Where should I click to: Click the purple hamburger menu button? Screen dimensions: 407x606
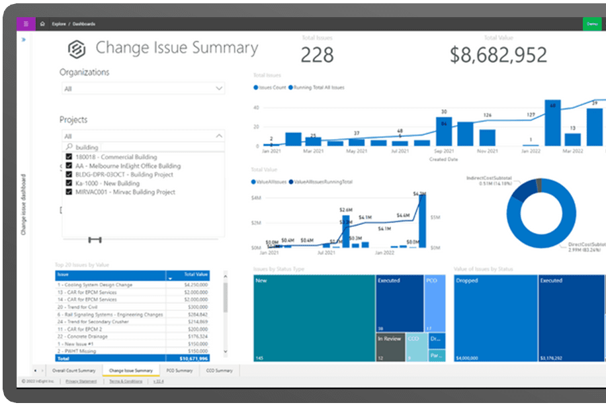[x=26, y=24]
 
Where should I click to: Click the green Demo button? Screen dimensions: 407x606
[x=591, y=24]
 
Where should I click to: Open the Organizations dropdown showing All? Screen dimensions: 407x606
[x=142, y=89]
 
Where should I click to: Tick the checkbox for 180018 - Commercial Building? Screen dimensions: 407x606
[x=69, y=157]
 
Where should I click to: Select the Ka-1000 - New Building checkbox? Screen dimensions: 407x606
[x=69, y=183]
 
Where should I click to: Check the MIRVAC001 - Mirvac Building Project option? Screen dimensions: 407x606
[x=69, y=192]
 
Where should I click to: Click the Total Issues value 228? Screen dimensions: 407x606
[x=317, y=55]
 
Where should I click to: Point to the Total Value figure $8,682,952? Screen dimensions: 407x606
[x=498, y=55]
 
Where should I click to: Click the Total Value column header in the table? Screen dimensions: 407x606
[x=195, y=274]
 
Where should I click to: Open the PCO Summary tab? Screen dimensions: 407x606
[x=179, y=371]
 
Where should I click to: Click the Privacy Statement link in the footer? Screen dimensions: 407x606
[x=81, y=381]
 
